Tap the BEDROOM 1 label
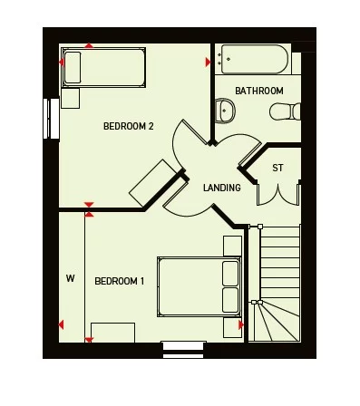pyautogui.click(x=120, y=281)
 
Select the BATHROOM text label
pyautogui.click(x=259, y=91)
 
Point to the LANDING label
pyautogui.click(x=222, y=188)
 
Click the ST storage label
pyautogui.click(x=277, y=169)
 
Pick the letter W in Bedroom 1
pyautogui.click(x=70, y=279)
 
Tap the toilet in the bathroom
pyautogui.click(x=285, y=111)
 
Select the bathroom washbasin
pyautogui.click(x=226, y=111)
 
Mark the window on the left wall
pyautogui.click(x=46, y=118)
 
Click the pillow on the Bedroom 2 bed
pyautogui.click(x=72, y=68)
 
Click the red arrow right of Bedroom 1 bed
pyautogui.click(x=240, y=324)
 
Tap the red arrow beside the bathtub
pyautogui.click(x=209, y=62)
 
